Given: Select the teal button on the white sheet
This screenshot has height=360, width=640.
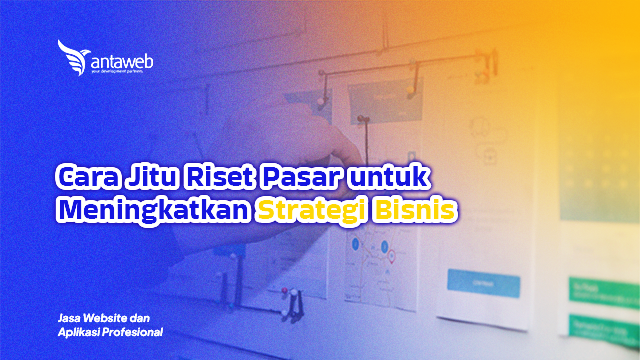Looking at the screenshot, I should tap(477, 282).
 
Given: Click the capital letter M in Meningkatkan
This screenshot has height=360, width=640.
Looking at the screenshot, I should tap(69, 211).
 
